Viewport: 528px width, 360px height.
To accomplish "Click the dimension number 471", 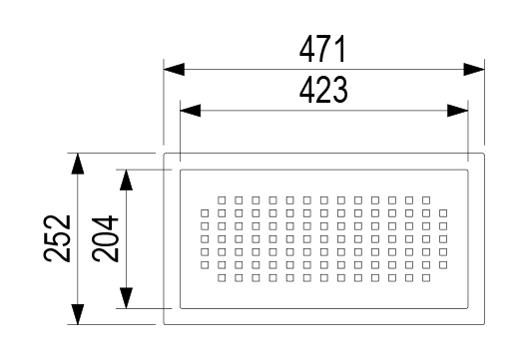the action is pos(322,49).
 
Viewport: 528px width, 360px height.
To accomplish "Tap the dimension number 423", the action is pos(323,90).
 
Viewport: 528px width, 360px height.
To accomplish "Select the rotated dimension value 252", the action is pos(57,238).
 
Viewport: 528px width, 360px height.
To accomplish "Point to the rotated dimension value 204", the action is pos(105,239).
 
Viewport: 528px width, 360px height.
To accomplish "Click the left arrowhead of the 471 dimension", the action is pos(174,70).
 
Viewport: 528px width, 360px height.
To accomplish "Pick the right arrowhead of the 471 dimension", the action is pos(474,70).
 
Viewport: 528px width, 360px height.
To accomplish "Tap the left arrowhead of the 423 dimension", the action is pos(191,111).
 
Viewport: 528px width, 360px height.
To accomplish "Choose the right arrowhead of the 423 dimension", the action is pos(457,111).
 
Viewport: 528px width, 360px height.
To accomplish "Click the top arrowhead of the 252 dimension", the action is pos(78,164).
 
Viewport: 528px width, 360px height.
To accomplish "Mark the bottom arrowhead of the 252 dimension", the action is pos(78,314).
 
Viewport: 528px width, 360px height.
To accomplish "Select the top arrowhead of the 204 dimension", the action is pos(126,180).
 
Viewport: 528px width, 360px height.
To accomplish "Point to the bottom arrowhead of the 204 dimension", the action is pos(126,298).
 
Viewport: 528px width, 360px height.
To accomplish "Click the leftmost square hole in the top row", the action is pos(222,200).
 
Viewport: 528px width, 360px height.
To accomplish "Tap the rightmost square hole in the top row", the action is pos(426,200).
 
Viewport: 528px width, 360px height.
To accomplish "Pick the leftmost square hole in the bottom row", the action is pos(222,278).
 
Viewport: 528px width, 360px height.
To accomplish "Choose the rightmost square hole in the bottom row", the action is pos(426,278).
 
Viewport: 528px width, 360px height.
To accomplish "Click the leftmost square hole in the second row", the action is pos(205,213).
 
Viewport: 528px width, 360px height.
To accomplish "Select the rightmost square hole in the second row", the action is pos(443,213).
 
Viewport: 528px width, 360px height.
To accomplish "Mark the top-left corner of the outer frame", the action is pos(164,154).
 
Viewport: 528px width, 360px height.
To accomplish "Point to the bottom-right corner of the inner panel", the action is pos(468,308).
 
